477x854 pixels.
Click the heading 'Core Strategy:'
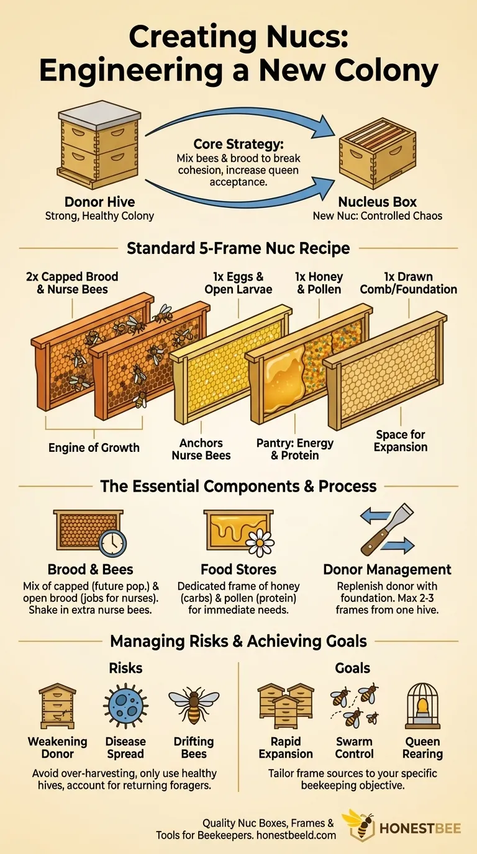click(238, 144)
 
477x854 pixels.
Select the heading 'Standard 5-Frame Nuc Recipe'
click(238, 248)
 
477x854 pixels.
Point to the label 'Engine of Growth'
click(94, 447)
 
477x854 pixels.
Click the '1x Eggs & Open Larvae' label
click(238, 282)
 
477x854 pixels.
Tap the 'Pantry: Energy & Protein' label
click(295, 449)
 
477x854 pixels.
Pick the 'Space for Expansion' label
click(401, 441)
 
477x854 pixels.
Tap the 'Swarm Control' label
click(355, 748)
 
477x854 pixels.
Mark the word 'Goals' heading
click(352, 668)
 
